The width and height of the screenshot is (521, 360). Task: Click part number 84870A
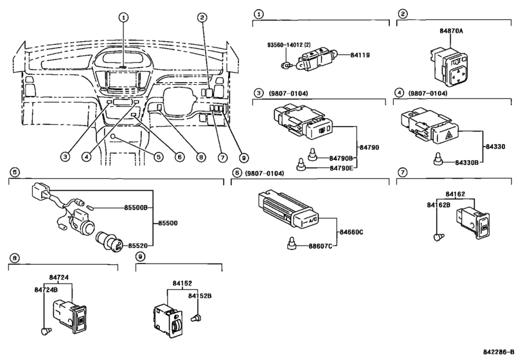coord(451,31)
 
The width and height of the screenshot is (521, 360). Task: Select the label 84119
coord(360,55)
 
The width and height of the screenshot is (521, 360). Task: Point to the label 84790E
coord(341,168)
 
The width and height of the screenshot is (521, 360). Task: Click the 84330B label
coord(467,163)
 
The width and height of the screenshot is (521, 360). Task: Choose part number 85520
coord(138,246)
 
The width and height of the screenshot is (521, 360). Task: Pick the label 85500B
coord(136,208)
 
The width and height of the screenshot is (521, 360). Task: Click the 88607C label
coord(321,246)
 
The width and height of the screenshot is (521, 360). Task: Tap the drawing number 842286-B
coord(500,352)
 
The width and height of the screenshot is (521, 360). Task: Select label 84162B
coord(439,205)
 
